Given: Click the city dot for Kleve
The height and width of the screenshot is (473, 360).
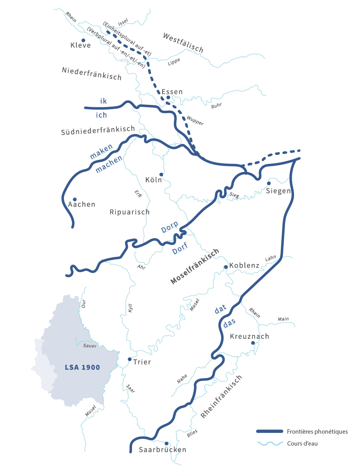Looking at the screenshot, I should [83, 40].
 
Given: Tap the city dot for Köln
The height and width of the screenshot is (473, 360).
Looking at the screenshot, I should [161, 174].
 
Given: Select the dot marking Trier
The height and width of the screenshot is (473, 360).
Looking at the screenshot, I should [130, 359].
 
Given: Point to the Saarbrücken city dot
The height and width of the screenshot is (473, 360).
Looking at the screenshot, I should [166, 443].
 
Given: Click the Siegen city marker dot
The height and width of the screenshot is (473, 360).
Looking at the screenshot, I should [269, 183].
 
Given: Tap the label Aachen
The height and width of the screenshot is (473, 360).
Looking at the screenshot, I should [82, 205].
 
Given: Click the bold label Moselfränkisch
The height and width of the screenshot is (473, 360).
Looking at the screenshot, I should [195, 266].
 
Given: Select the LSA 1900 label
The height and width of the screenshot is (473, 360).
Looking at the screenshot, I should [82, 367].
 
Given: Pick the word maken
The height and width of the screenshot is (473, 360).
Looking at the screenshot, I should [101, 151].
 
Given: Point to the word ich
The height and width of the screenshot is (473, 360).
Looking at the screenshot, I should [102, 115].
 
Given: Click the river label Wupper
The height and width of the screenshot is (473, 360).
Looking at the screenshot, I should [195, 120].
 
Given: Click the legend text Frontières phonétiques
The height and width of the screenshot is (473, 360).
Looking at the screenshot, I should [317, 431].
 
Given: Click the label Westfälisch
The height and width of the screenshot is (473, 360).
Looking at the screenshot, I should [183, 43].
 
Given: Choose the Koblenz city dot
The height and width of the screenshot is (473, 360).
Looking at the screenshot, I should [225, 267].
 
